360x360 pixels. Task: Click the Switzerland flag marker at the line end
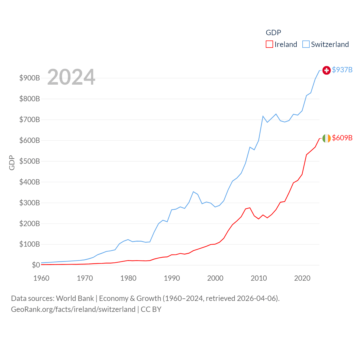tap(326, 70)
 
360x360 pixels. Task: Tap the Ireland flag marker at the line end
tap(326, 138)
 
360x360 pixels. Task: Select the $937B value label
tap(342, 70)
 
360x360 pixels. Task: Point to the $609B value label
tap(342, 138)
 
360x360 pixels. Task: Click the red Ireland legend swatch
tap(269, 44)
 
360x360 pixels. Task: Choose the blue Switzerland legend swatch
tap(306, 44)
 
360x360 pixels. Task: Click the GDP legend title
tap(273, 33)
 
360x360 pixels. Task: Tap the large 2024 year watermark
tap(71, 77)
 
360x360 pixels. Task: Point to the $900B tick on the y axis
tap(30, 78)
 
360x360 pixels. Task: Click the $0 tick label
tap(36, 265)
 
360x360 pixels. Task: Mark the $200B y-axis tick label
tap(30, 224)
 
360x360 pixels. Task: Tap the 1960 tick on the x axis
tap(41, 278)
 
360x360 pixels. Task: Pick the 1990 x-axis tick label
tap(172, 278)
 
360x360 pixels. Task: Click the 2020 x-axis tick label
tap(302, 278)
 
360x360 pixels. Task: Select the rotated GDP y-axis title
tap(12, 163)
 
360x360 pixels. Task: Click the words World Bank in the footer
tap(75, 298)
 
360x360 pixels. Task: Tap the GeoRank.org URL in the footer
tap(73, 309)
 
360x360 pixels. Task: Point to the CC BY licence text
tap(151, 309)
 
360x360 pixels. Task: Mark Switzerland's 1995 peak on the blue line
tap(193, 192)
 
